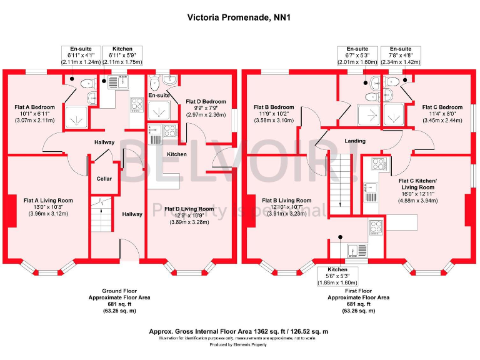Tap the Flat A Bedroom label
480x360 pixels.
point(34,107)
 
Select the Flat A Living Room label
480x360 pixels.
point(48,201)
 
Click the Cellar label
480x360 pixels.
point(104,179)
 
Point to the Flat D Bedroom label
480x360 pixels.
point(206,101)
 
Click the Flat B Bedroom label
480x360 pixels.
point(274,107)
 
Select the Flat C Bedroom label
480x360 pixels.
point(442,107)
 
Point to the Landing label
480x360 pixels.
point(355,141)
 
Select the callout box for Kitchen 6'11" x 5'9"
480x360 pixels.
point(122,56)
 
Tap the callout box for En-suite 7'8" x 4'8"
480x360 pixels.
point(401,56)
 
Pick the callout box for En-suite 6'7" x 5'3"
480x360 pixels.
point(357,56)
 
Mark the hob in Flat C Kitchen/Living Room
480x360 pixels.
point(379,164)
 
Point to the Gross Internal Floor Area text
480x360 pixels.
point(239,331)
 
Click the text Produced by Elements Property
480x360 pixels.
point(239,344)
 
